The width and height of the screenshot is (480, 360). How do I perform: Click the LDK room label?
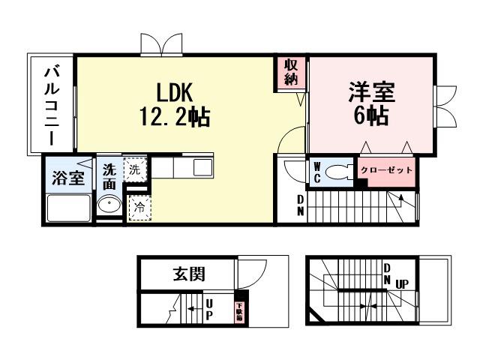pyautogui.click(x=175, y=92)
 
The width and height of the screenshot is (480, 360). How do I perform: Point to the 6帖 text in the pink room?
pyautogui.click(x=370, y=116)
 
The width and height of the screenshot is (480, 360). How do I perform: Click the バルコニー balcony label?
pyautogui.click(x=52, y=105)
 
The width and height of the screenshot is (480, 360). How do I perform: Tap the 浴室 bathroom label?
pyautogui.click(x=67, y=178)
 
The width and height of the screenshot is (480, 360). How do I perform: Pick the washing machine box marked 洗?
pyautogui.click(x=135, y=169)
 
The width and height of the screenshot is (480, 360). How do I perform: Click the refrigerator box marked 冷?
pyautogui.click(x=139, y=208)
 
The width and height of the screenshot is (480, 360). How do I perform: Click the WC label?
pyautogui.click(x=317, y=171)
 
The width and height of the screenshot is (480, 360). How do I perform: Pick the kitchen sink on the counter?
pyautogui.click(x=202, y=167)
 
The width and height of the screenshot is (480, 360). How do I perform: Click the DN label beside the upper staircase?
pyautogui.click(x=301, y=205)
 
